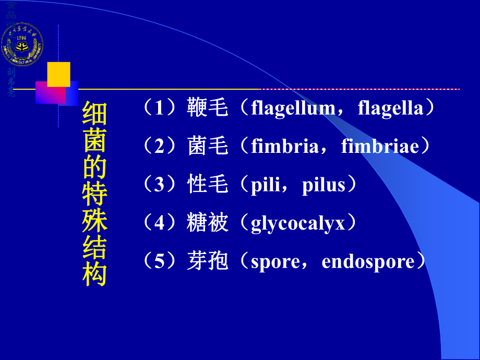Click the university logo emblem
pyautogui.click(x=22, y=44)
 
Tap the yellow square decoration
pyautogui.click(x=58, y=74)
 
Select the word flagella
pyautogui.click(x=390, y=108)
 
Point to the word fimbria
pyautogui.click(x=284, y=147)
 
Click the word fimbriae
pyautogui.click(x=380, y=147)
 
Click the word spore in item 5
pyautogui.click(x=274, y=262)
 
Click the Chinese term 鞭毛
pyautogui.click(x=208, y=108)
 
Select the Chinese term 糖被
pyautogui.click(x=208, y=224)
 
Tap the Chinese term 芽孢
pyautogui.click(x=208, y=262)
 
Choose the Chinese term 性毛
pyautogui.click(x=208, y=185)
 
